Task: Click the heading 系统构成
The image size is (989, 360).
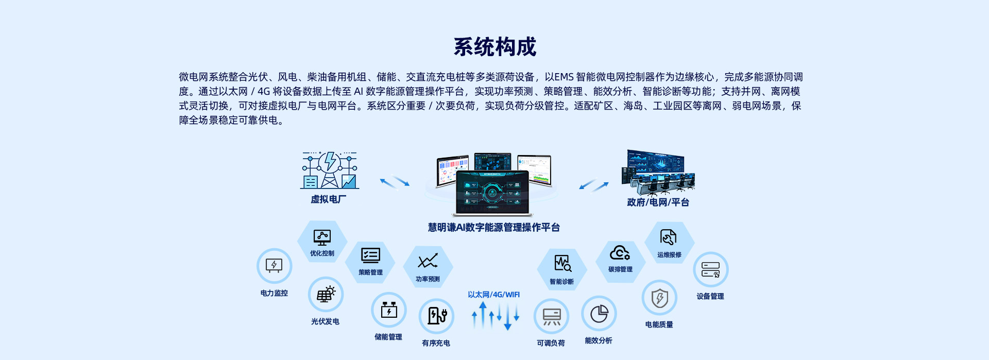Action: point(494,47)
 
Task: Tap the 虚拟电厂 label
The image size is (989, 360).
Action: point(329,199)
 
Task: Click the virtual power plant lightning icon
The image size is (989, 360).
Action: point(330,170)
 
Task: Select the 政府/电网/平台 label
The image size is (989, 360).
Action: point(658,202)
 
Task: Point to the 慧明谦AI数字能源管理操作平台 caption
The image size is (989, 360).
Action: point(494,228)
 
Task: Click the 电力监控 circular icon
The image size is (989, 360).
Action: point(274,266)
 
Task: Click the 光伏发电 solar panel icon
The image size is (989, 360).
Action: point(326,295)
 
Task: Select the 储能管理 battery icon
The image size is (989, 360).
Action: point(389,310)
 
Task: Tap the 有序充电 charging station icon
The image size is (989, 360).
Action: point(436,316)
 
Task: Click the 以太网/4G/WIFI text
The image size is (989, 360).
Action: point(494,295)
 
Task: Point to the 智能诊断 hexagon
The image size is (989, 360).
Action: point(562,269)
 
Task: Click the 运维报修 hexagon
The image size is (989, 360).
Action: point(670,242)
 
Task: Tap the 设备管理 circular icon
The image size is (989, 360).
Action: point(711,269)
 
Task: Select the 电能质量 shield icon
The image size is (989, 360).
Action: point(659,298)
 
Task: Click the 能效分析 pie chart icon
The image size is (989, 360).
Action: point(599,313)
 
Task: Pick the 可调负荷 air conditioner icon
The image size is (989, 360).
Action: point(551,316)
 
